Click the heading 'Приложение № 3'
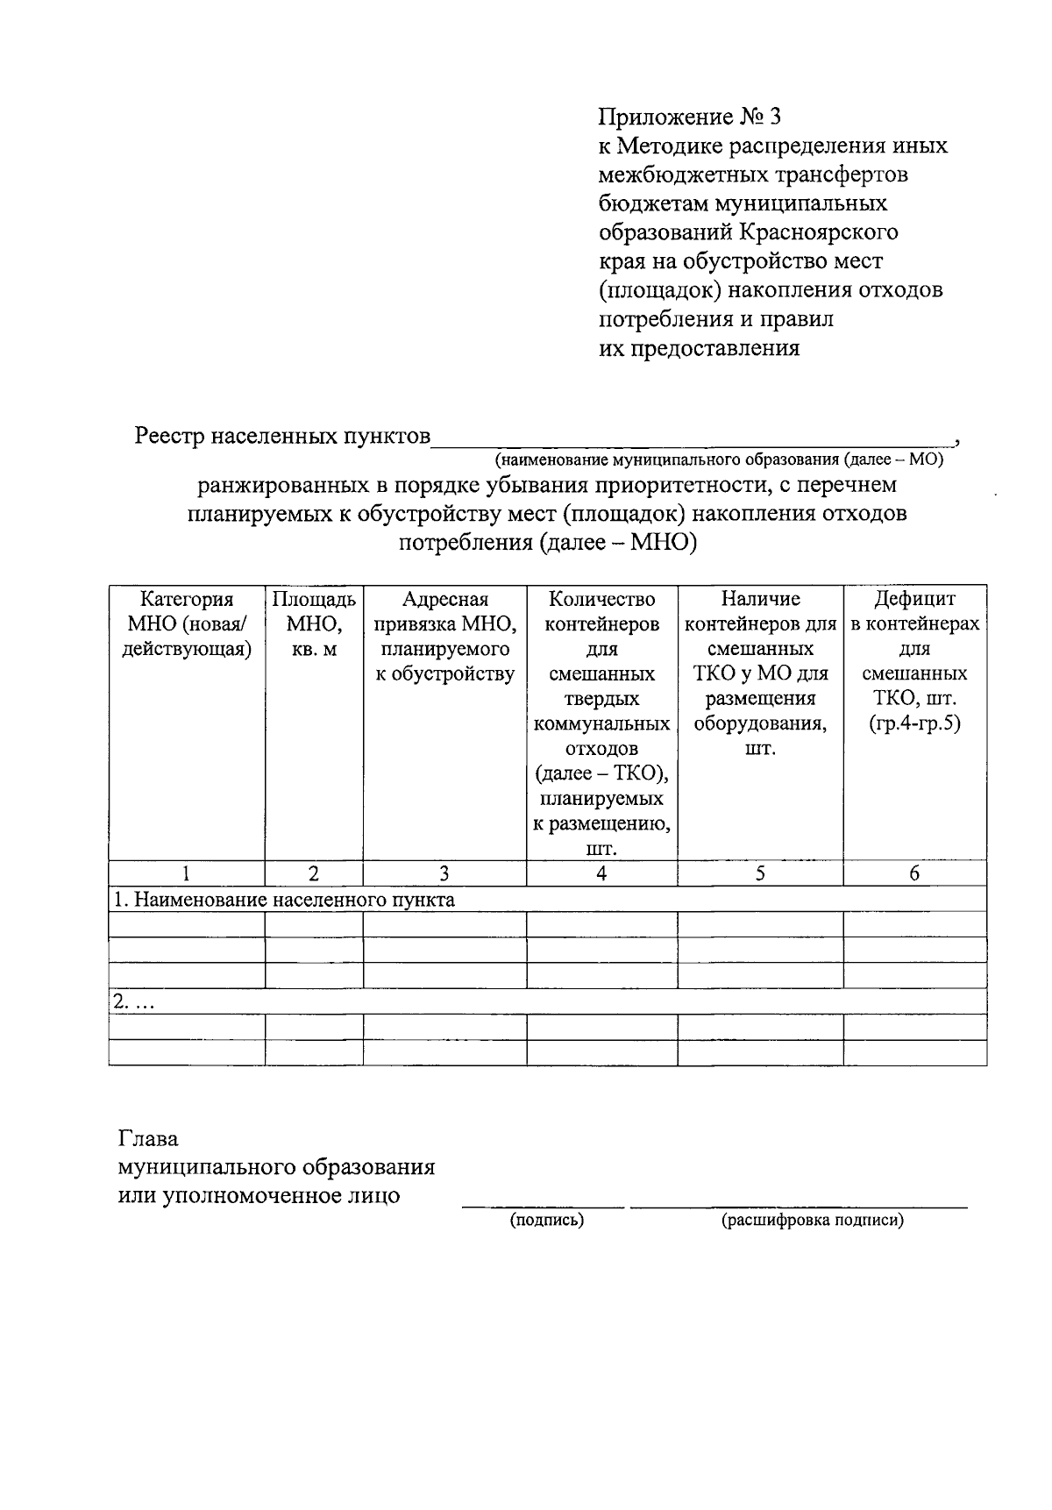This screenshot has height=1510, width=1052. click(688, 117)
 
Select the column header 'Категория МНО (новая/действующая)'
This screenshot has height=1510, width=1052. click(187, 624)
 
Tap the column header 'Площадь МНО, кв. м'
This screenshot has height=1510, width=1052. click(314, 624)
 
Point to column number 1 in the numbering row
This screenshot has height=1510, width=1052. click(187, 873)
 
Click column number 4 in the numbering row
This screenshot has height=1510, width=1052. click(601, 873)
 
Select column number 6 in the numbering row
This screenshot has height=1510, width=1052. click(914, 873)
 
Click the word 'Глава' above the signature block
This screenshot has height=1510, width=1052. click(148, 1139)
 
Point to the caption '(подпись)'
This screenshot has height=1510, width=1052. click(547, 1220)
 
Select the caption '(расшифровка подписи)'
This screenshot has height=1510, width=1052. click(812, 1220)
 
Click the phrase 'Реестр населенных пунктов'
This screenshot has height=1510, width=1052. click(282, 436)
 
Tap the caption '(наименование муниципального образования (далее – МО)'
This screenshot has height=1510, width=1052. click(718, 459)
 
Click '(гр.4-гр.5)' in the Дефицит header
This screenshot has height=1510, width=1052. click(914, 724)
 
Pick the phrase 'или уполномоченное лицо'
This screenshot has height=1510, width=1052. click(259, 1195)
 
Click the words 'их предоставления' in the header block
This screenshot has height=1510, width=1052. click(699, 348)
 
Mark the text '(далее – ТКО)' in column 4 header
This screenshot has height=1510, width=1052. click(601, 774)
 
